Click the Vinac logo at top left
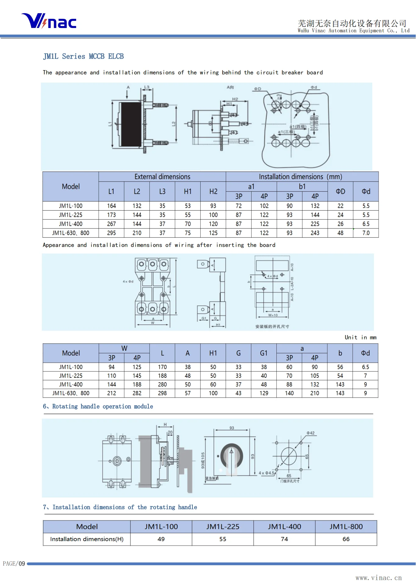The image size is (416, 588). pyautogui.click(x=49, y=21)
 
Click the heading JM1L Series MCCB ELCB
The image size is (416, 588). pyautogui.click(x=83, y=57)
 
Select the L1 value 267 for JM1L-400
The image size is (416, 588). pyautogui.click(x=111, y=224)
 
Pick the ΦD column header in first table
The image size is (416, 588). pyautogui.click(x=340, y=191)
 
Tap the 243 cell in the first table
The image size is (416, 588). pyautogui.click(x=315, y=233)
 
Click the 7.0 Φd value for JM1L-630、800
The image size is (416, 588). pyautogui.click(x=366, y=233)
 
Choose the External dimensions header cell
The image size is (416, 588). pyautogui.click(x=162, y=177)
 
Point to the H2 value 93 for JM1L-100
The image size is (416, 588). pyautogui.click(x=213, y=206)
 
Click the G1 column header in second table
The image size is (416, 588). pyautogui.click(x=263, y=353)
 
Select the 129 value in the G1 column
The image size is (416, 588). pyautogui.click(x=264, y=393)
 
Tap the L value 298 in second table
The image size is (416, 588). pyautogui.click(x=162, y=393)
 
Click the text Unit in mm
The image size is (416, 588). pyautogui.click(x=360, y=337)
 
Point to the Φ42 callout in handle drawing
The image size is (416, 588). pyautogui.click(x=310, y=433)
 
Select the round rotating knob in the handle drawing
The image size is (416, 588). pyautogui.click(x=232, y=456)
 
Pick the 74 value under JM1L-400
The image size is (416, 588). pyautogui.click(x=284, y=539)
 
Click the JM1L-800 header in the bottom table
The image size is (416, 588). pyautogui.click(x=346, y=526)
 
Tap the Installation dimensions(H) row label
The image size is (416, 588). pyautogui.click(x=87, y=539)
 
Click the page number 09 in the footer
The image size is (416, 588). pyautogui.click(x=22, y=563)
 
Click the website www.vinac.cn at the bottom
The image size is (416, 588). pyautogui.click(x=379, y=578)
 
